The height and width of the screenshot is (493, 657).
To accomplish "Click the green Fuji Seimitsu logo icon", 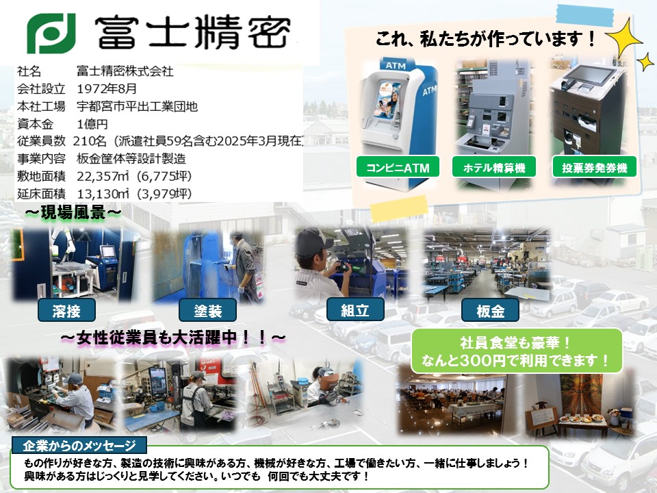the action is pyautogui.click(x=51, y=33).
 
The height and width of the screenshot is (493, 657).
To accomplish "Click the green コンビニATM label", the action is pyautogui.click(x=398, y=167).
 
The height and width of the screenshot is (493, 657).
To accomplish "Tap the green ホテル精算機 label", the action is pyautogui.click(x=494, y=167).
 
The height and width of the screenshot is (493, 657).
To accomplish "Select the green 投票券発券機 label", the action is pyautogui.click(x=594, y=167).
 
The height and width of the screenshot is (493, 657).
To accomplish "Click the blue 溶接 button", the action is pyautogui.click(x=66, y=310).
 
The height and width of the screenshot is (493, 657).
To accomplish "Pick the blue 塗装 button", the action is pyautogui.click(x=207, y=310).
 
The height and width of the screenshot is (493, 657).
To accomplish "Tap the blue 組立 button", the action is pyautogui.click(x=355, y=309).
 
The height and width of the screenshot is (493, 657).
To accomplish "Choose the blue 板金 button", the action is pyautogui.click(x=490, y=310).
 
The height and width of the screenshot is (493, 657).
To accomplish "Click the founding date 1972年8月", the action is pyautogui.click(x=107, y=89).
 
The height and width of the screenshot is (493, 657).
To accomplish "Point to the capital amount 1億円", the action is pyautogui.click(x=92, y=124).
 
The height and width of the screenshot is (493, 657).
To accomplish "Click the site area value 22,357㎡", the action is pyautogui.click(x=103, y=176).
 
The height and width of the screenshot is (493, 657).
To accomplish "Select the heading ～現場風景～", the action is pyautogui.click(x=73, y=212).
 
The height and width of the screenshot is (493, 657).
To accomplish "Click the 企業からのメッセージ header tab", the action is pyautogui.click(x=79, y=445).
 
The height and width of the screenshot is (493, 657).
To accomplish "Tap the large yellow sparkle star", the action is pyautogui.click(x=624, y=38).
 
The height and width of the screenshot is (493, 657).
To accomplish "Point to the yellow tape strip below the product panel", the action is pyautogui.click(x=399, y=208).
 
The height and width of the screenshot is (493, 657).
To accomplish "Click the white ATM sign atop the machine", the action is pyautogui.click(x=396, y=66).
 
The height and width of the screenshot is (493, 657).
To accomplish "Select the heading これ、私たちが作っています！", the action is pyautogui.click(x=486, y=39).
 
